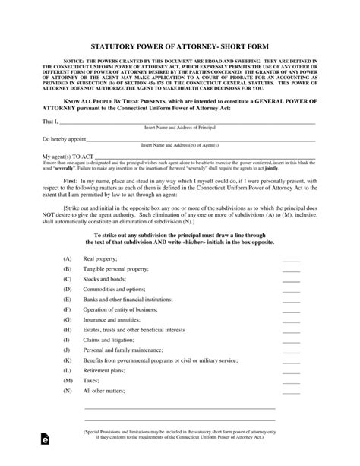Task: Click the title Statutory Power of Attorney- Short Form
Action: [180, 46]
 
